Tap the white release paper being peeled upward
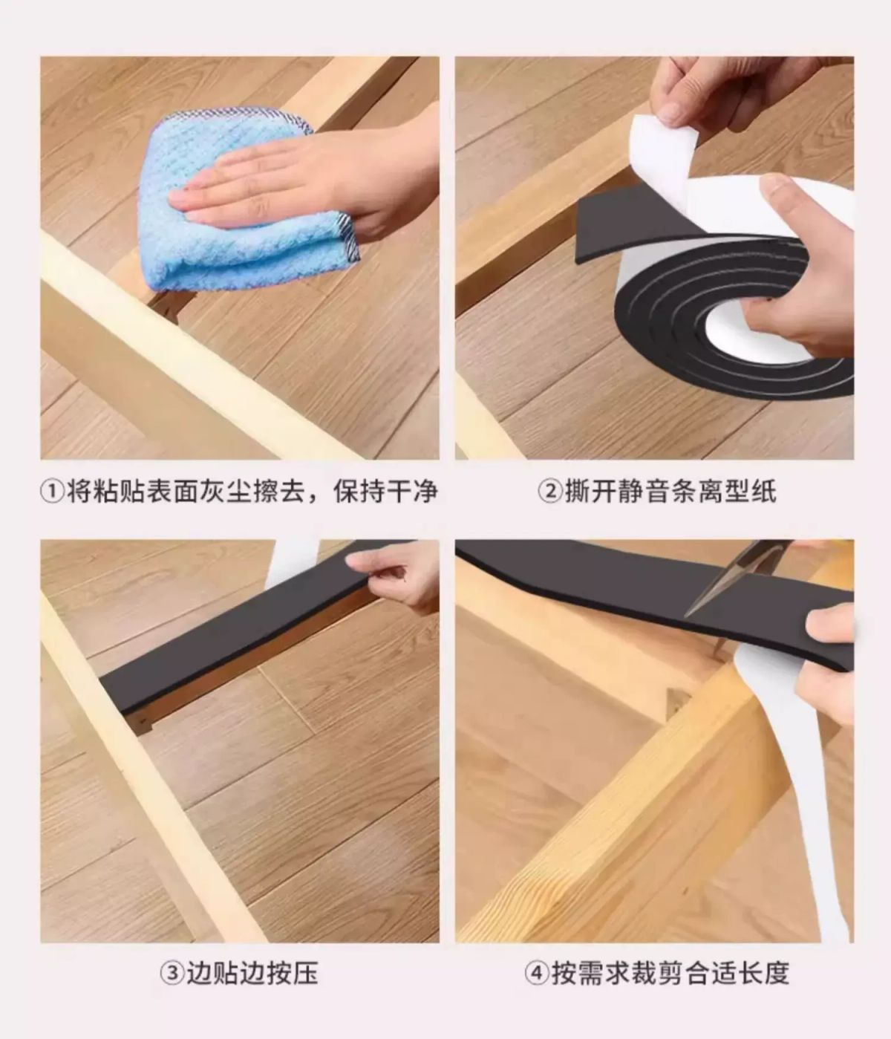(663, 151)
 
